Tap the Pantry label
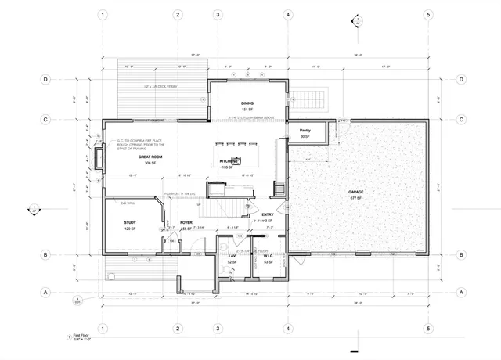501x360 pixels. pyautogui.click(x=305, y=131)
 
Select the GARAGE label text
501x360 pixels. pyautogui.click(x=357, y=192)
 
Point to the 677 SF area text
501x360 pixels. pyautogui.click(x=357, y=198)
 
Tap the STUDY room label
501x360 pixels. pyautogui.click(x=130, y=223)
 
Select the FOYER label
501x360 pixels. pyautogui.click(x=186, y=223)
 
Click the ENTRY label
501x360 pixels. pyautogui.click(x=268, y=214)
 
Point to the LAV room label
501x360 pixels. pyautogui.click(x=232, y=255)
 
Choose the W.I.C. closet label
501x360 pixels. pyautogui.click(x=267, y=255)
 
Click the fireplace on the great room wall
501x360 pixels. pyautogui.click(x=99, y=159)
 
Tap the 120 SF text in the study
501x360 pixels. pyautogui.click(x=130, y=230)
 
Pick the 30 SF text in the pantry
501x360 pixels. pyautogui.click(x=305, y=137)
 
